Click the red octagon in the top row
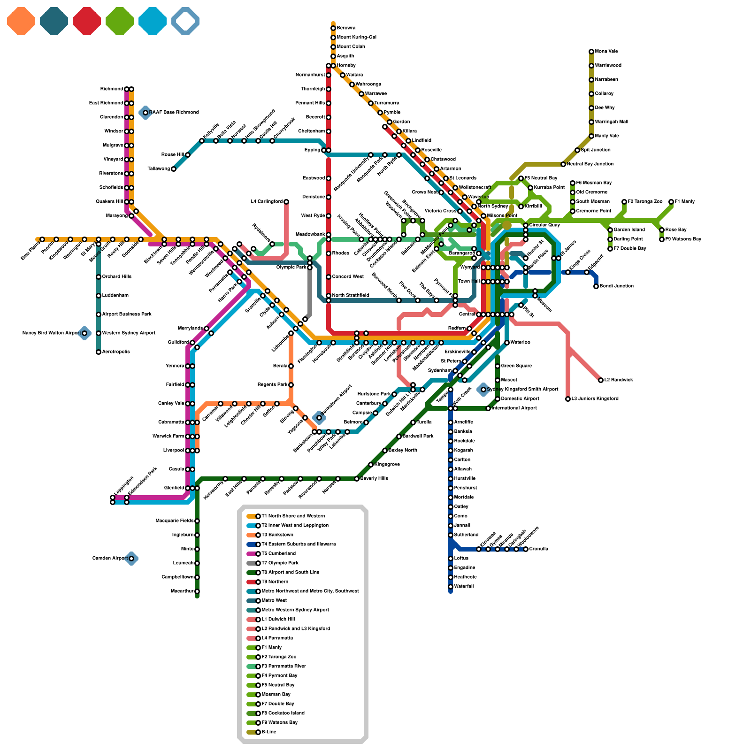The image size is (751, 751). pyautogui.click(x=87, y=21)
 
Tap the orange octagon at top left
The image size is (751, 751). pyautogui.click(x=21, y=21)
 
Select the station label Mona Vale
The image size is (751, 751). pyautogui.click(x=606, y=52)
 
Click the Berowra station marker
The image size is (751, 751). pyautogui.click(x=333, y=28)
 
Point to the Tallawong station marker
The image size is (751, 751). pyautogui.click(x=174, y=169)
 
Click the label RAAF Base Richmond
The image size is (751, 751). pyautogui.click(x=174, y=113)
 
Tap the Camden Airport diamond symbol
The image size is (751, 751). pyautogui.click(x=131, y=559)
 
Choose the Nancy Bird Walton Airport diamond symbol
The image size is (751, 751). pyautogui.click(x=84, y=333)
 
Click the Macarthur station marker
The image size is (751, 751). pyautogui.click(x=197, y=591)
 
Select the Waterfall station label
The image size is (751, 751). pyautogui.click(x=464, y=587)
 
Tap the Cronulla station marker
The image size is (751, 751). pyautogui.click(x=526, y=549)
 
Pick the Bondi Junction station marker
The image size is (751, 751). pyautogui.click(x=596, y=286)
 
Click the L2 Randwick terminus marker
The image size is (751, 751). pyautogui.click(x=601, y=380)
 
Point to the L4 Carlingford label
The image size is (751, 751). pyautogui.click(x=267, y=202)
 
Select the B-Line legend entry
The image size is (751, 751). pyautogui.click(x=268, y=732)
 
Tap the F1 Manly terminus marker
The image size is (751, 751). pyautogui.click(x=671, y=202)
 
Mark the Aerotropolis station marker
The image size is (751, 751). pyautogui.click(x=99, y=352)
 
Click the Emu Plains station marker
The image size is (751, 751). pyautogui.click(x=42, y=239)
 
